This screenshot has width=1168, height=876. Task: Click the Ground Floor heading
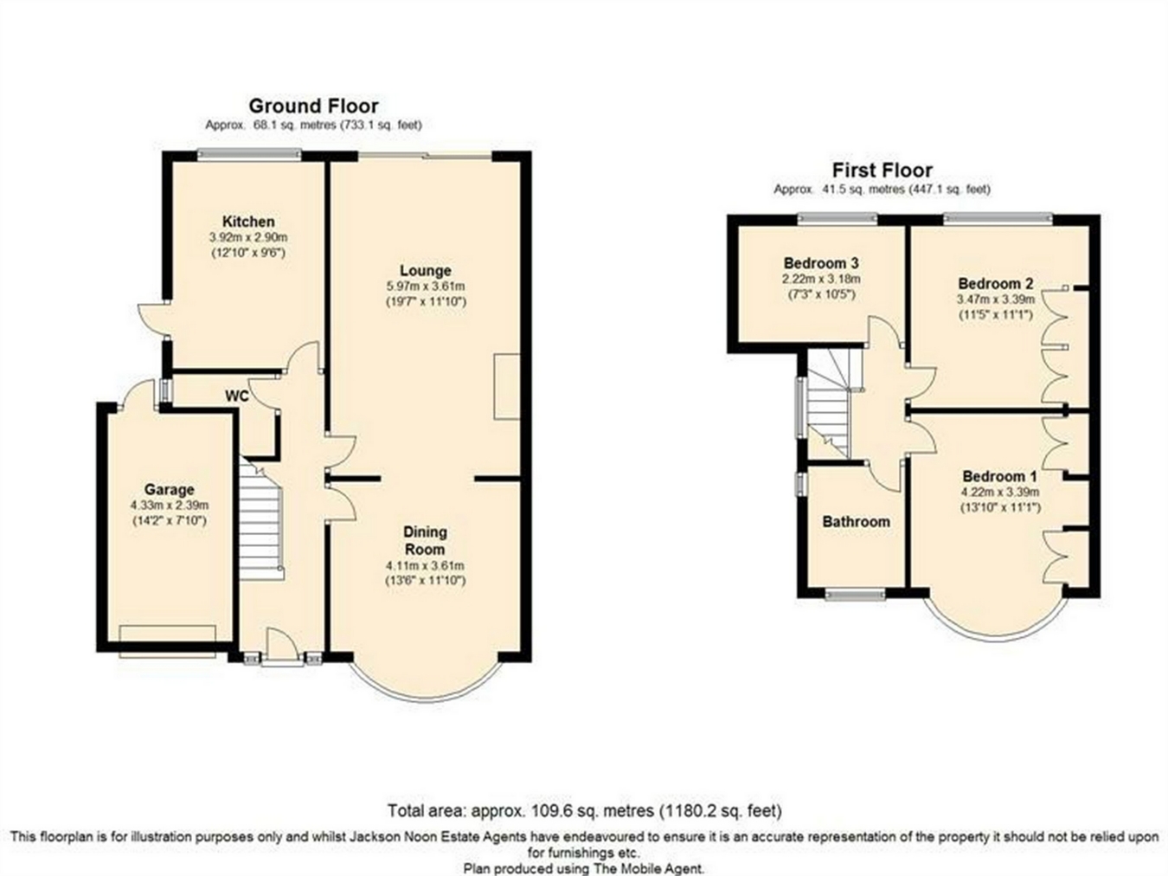pos(313,106)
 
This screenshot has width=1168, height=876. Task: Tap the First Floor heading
pos(882,171)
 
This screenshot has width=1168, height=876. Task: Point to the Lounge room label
pos(426,270)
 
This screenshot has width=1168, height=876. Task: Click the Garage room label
pos(170,490)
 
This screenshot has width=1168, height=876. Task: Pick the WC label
pos(237,396)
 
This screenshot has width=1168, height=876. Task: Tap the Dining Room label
pos(425,540)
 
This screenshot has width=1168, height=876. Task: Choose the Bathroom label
pos(857,522)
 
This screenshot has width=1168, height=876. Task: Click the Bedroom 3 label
pos(821,263)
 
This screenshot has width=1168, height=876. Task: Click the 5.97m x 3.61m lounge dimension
pos(426,287)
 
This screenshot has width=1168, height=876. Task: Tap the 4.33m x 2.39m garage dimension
pos(170,505)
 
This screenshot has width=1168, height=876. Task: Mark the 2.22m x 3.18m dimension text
pos(821,279)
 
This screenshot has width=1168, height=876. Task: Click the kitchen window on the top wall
pos(248,154)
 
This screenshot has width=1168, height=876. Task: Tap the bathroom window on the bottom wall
pos(855,595)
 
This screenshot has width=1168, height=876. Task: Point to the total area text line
pos(585,810)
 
